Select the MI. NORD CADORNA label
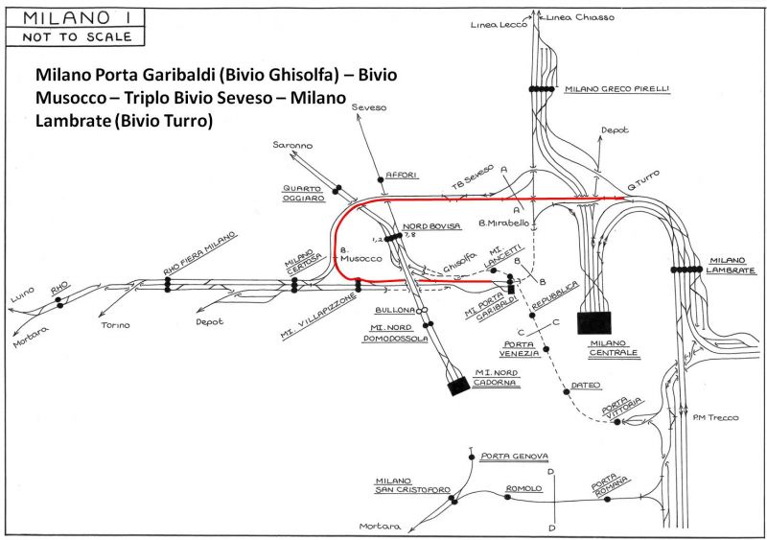pyautogui.click(x=496, y=377)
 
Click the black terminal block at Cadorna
pyautogui.click(x=457, y=386)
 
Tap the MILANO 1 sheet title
pyautogui.click(x=68, y=17)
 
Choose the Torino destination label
pyautogui.click(x=116, y=325)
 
